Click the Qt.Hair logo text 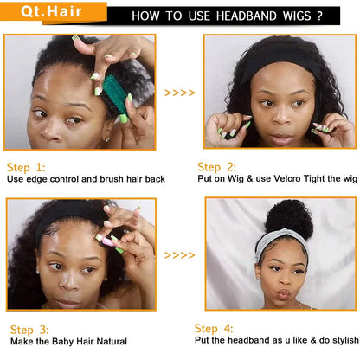[51, 11]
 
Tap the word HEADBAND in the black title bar [247, 16]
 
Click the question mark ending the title [319, 16]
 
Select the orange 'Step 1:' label [26, 168]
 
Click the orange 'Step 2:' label [216, 167]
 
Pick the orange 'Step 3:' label [29, 330]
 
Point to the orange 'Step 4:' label [214, 329]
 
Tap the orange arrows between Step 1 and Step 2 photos [179, 93]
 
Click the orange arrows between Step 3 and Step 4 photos [179, 255]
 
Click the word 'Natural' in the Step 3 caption [112, 342]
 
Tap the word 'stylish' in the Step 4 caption [345, 340]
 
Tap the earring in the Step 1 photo [106, 140]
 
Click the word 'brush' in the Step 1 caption [112, 179]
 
